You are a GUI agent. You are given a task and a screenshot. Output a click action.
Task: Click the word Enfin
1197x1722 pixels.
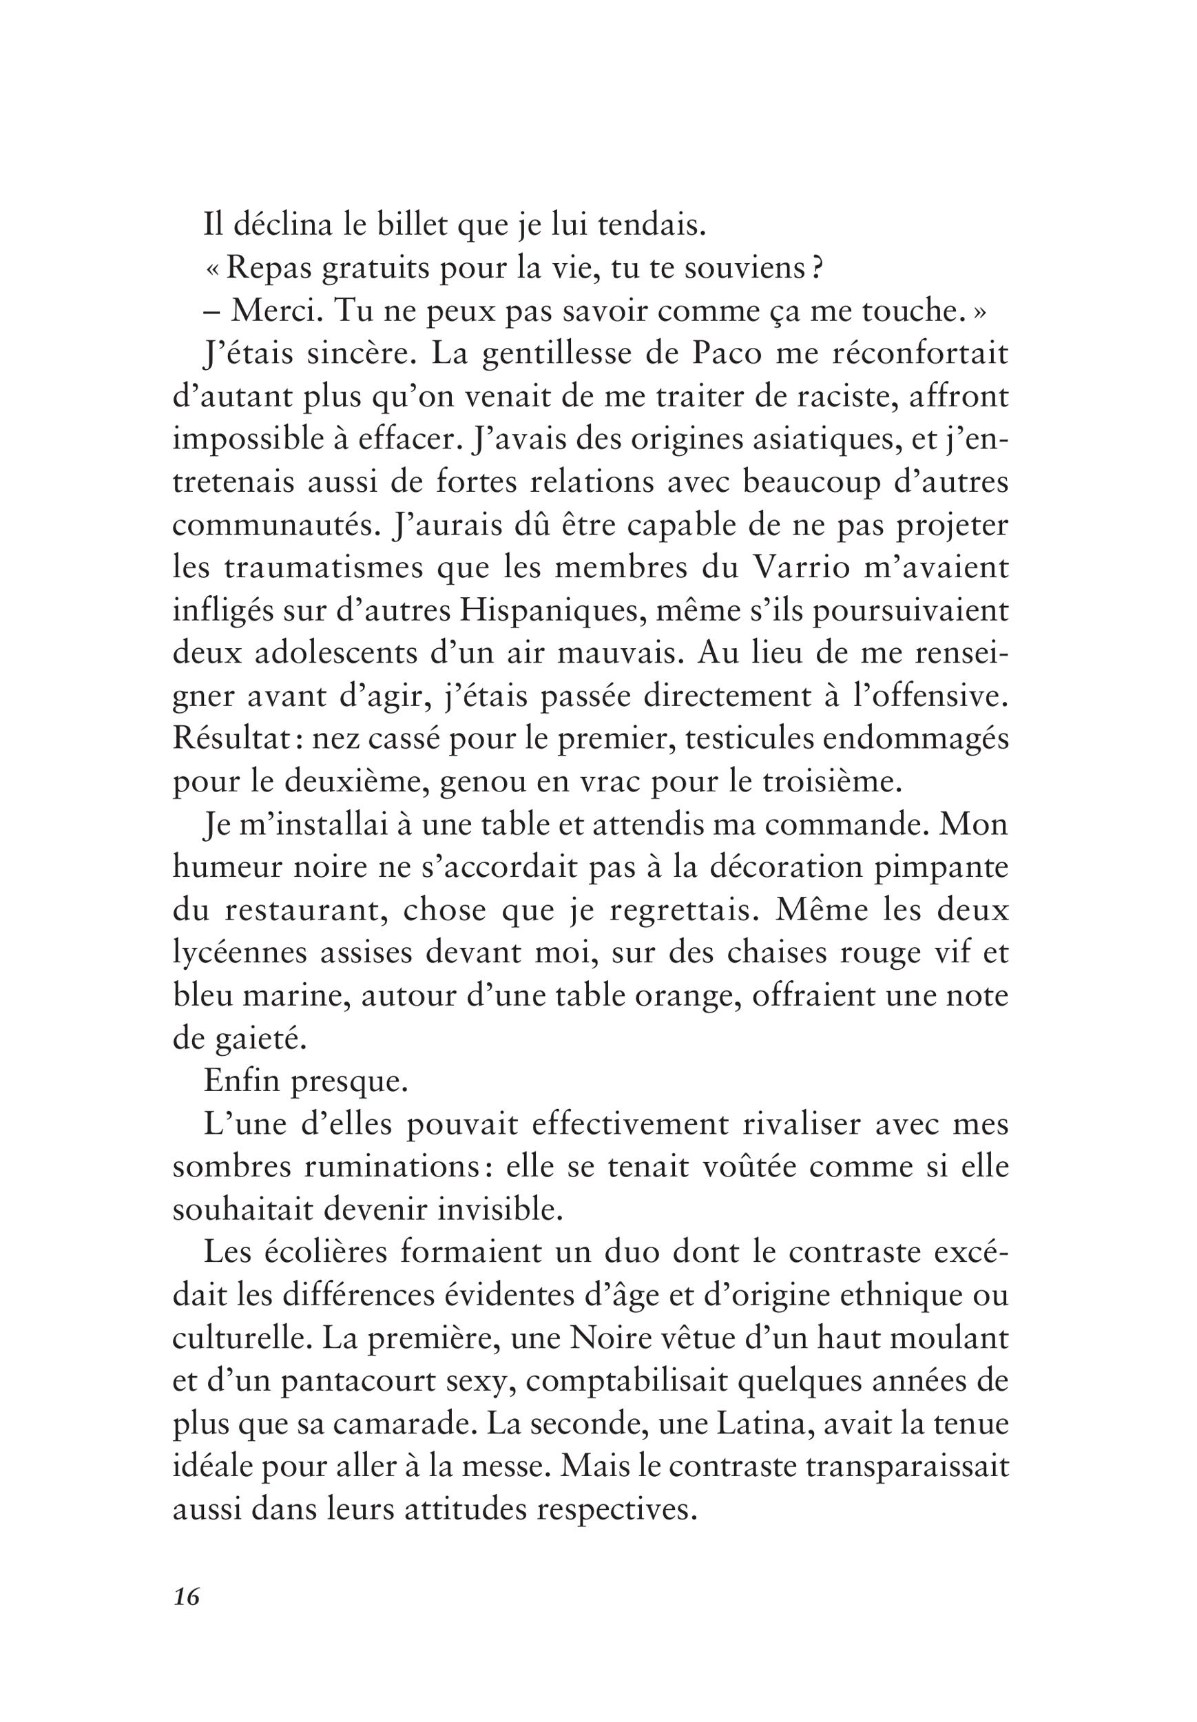point(242,1082)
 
